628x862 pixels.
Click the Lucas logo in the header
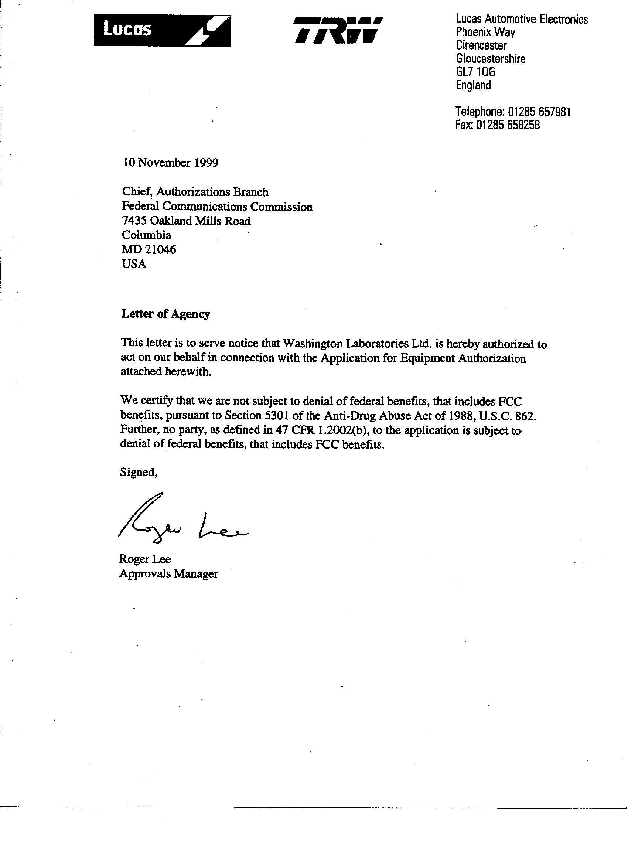click(x=162, y=31)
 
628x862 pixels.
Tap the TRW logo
click(x=337, y=30)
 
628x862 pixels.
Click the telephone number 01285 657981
click(x=539, y=112)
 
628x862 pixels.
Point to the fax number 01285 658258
click(x=508, y=125)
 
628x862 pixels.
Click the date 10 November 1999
click(x=170, y=163)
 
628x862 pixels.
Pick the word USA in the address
click(x=134, y=264)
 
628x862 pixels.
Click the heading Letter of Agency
click(x=165, y=314)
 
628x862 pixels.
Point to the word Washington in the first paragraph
click(x=313, y=344)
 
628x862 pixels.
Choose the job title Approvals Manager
click(x=168, y=573)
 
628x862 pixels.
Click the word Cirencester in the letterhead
click(x=481, y=45)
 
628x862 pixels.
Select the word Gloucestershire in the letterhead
click(x=490, y=59)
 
